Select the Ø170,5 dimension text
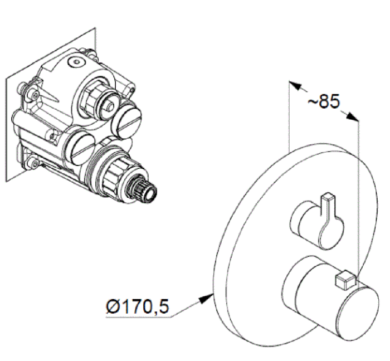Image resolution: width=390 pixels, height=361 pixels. tap(138, 306)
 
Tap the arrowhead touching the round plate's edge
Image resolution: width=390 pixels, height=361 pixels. tap(207, 298)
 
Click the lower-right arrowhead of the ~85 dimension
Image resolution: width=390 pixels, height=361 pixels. tap(353, 117)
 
